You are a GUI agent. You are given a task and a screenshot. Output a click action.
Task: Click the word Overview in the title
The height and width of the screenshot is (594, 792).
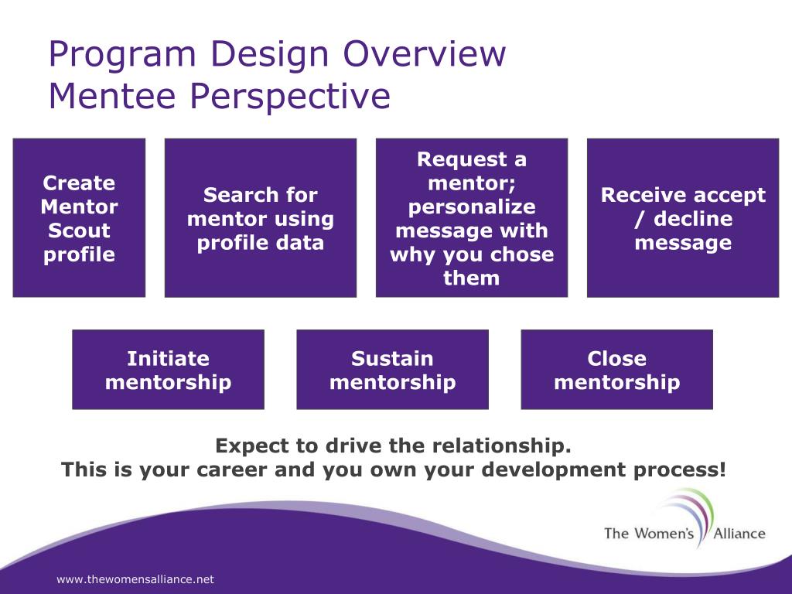click(425, 53)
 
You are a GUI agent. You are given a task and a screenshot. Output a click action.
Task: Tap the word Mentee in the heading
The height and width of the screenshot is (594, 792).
click(112, 95)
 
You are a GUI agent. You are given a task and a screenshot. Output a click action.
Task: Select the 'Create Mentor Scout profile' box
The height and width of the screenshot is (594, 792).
click(80, 217)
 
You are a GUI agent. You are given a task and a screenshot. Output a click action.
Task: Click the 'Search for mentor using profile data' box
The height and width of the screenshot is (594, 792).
click(261, 217)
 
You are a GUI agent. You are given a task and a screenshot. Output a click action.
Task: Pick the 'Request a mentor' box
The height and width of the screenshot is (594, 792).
click(472, 217)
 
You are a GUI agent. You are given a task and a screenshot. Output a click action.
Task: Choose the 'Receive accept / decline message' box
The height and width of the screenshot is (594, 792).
click(683, 217)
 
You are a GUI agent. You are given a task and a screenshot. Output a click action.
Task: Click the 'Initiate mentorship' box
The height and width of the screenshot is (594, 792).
click(168, 369)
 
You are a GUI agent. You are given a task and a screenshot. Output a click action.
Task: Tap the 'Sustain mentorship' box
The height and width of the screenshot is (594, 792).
click(392, 369)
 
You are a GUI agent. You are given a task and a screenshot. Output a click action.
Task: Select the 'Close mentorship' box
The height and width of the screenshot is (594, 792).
click(616, 369)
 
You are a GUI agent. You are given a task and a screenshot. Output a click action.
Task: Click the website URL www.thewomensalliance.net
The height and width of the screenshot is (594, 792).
click(135, 579)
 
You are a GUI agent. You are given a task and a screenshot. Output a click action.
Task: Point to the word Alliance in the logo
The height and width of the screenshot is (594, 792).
click(739, 534)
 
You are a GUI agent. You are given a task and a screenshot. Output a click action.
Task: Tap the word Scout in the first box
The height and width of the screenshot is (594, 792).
click(80, 230)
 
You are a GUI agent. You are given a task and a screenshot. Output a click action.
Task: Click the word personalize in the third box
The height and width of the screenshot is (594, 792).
click(472, 207)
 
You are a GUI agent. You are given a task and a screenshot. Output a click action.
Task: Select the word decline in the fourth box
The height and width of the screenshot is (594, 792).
click(693, 219)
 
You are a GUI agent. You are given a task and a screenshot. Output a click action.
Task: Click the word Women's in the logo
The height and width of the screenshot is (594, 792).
click(664, 534)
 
